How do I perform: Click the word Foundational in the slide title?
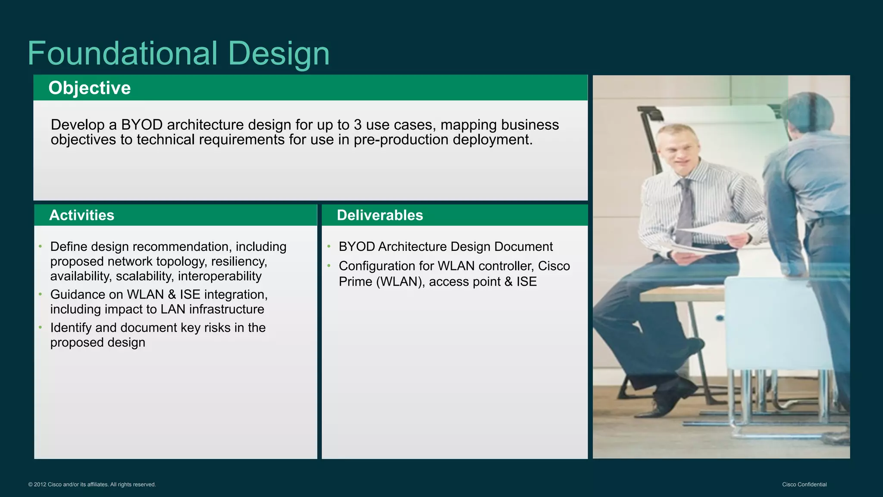(x=123, y=53)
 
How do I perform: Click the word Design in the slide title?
(x=279, y=54)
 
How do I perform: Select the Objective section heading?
(x=89, y=88)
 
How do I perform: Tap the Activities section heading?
(x=81, y=215)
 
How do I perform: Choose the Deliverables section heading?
(x=380, y=215)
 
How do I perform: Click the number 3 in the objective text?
(x=357, y=125)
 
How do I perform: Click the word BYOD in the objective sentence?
(x=141, y=125)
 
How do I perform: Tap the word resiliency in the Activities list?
(x=239, y=261)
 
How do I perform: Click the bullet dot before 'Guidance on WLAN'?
(x=40, y=294)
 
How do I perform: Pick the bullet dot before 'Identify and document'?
(x=40, y=327)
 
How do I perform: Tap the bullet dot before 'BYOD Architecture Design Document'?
(x=329, y=246)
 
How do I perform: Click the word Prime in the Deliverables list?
(x=355, y=281)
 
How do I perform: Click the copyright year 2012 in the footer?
(x=40, y=484)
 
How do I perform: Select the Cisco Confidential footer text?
(x=804, y=484)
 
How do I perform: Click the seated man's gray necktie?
(x=684, y=207)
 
